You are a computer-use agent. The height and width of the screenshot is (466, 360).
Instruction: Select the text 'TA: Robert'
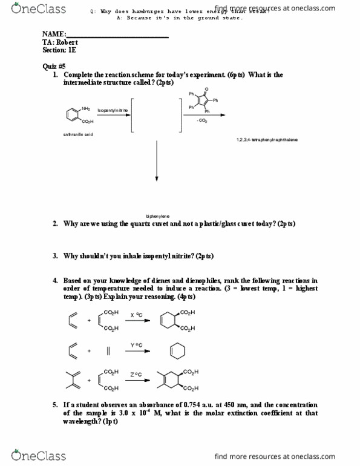pos(61,43)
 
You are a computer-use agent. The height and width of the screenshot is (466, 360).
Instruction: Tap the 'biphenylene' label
pos(157,216)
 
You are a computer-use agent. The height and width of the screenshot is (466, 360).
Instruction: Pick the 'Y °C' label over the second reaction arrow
pos(136,345)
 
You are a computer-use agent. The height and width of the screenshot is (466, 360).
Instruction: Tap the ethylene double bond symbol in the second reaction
pos(108,351)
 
